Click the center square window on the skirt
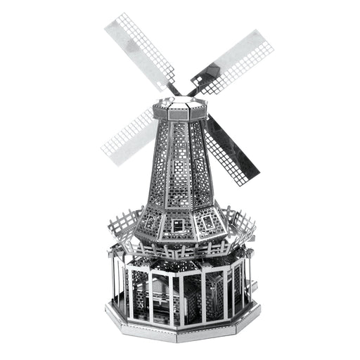pos(179,225)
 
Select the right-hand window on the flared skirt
pos(209,222)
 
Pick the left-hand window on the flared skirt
pos(150,222)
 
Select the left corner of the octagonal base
pos(108,310)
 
